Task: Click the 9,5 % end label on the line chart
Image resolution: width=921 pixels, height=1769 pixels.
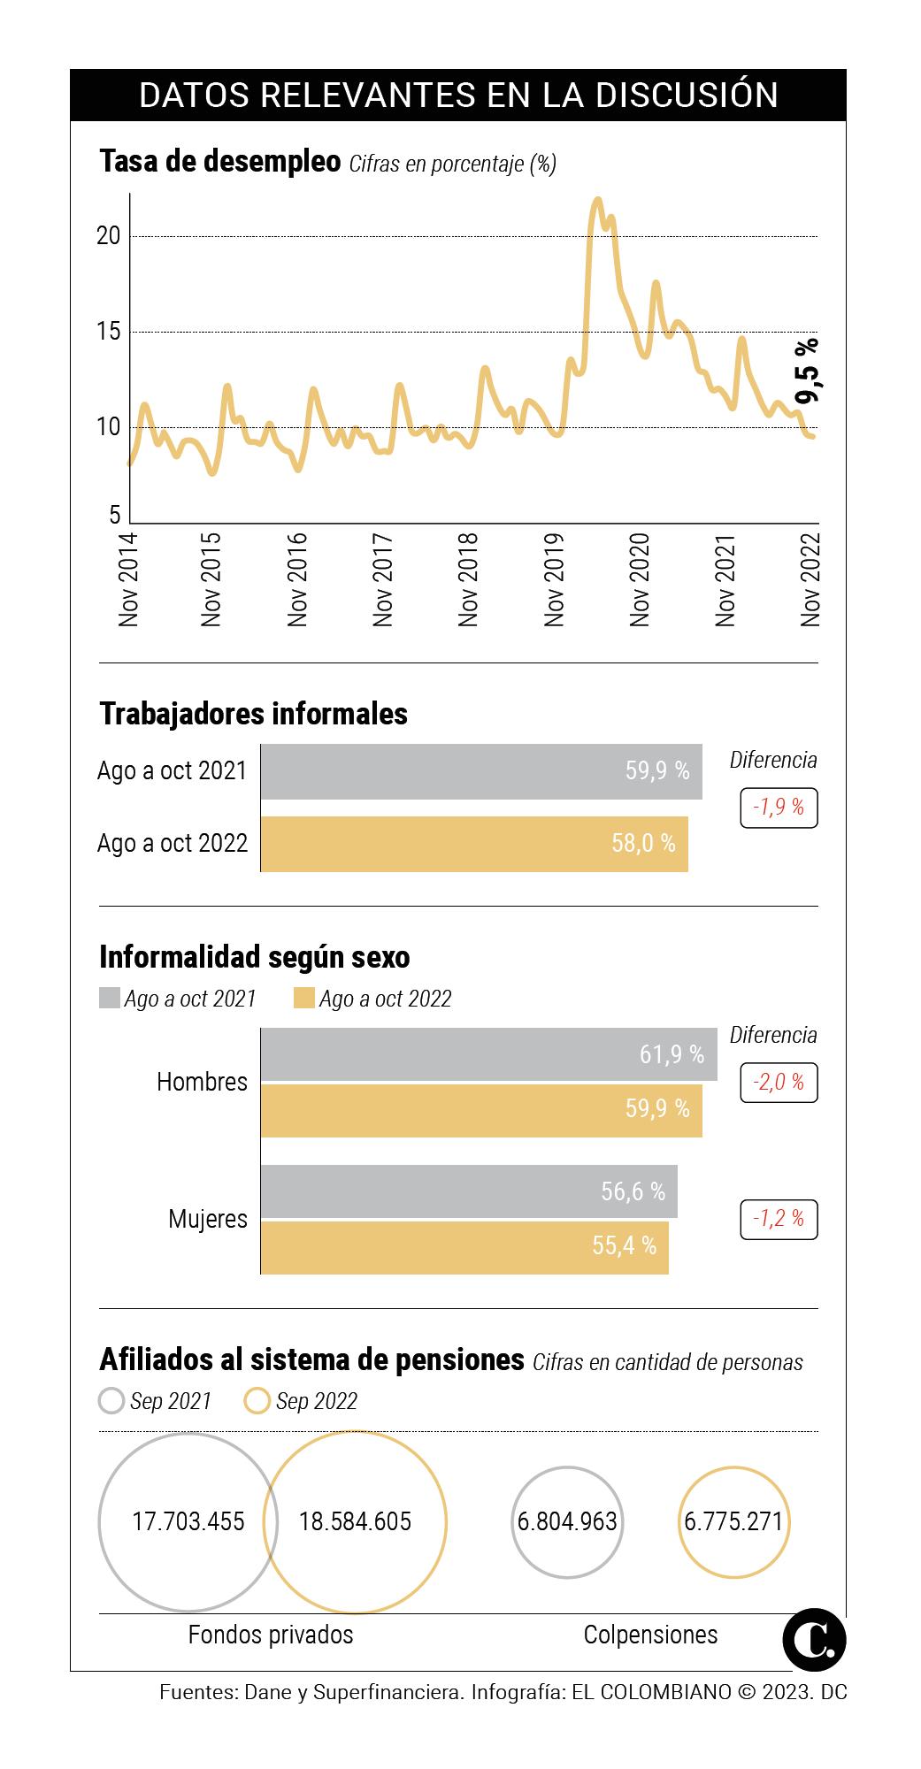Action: point(807,370)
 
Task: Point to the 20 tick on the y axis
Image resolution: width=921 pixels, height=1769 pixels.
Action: point(109,236)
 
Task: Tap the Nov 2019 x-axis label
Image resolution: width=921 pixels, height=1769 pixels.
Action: point(554,579)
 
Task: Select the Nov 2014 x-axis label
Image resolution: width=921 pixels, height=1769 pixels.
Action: point(128,579)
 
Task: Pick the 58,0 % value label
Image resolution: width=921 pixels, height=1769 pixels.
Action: point(643,844)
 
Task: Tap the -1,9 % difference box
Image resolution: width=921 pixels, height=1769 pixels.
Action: point(779,808)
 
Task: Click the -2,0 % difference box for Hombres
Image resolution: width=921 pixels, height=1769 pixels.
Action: point(779,1083)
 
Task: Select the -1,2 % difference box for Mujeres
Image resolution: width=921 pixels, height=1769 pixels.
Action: point(779,1219)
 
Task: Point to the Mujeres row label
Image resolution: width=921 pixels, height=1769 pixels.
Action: point(208,1219)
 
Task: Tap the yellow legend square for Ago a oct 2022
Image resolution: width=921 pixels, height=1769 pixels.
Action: point(304,999)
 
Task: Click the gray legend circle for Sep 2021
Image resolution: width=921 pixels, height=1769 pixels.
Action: point(111,1401)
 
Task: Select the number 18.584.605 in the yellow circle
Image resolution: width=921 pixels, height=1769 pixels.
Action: point(355,1521)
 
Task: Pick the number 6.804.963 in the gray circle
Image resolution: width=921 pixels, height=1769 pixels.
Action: point(567,1521)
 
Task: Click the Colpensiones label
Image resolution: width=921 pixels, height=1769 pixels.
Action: point(650,1635)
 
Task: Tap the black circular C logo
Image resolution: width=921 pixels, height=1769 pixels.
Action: point(814,1640)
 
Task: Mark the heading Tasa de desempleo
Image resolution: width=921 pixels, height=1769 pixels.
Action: point(219,162)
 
